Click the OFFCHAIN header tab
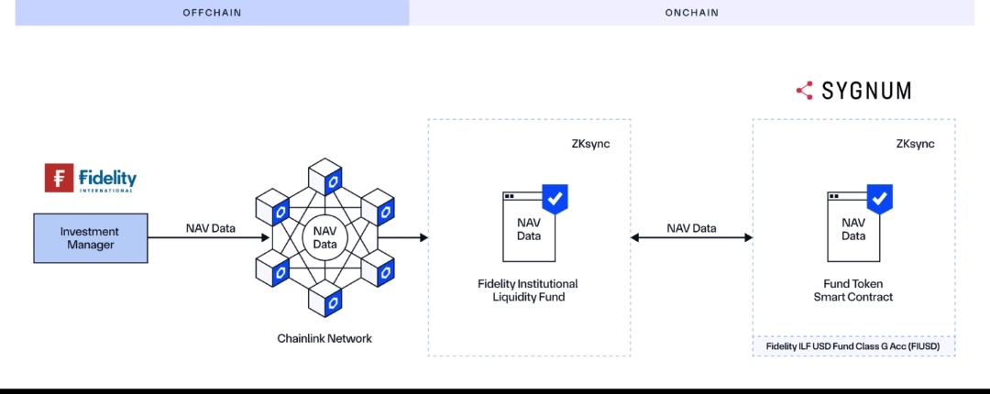coord(212,13)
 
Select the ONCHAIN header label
coord(691,13)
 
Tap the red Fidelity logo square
coord(59,178)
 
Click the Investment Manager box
coord(89,238)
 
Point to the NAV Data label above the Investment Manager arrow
coord(210,228)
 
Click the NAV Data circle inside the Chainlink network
coord(324,237)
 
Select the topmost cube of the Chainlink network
coord(324,176)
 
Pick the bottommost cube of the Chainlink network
coord(324,299)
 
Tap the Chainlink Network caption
coord(324,339)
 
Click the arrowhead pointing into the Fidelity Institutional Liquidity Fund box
coord(423,238)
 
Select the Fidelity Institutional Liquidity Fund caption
coord(528,290)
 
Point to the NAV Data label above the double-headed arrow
coord(691,228)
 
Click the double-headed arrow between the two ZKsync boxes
coord(691,238)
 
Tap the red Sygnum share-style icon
coord(805,91)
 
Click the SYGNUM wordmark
coord(866,91)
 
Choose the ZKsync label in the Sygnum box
coord(915,144)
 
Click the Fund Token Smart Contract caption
coord(853,290)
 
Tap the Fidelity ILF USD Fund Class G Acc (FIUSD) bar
coord(853,346)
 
